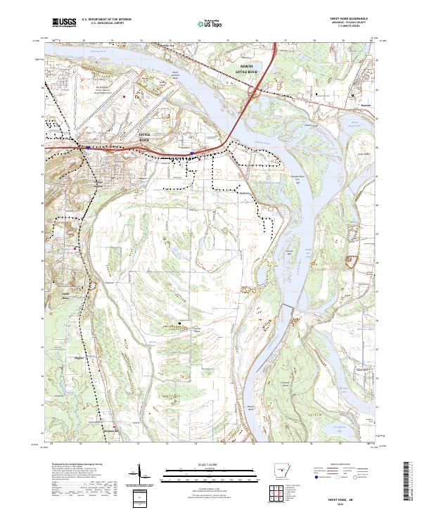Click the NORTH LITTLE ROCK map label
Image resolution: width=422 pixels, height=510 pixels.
pyautogui.click(x=250, y=69)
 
